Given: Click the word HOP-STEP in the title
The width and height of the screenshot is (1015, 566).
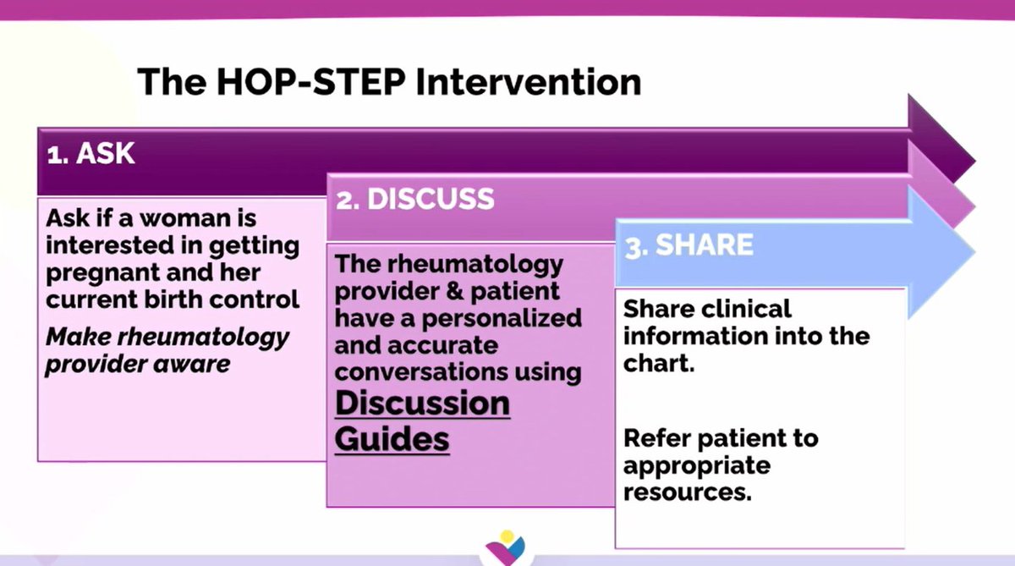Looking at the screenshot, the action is tap(311, 81).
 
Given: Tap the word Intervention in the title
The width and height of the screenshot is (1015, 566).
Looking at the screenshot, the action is tap(529, 81).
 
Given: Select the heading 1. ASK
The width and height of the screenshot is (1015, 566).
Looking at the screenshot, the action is tap(91, 153).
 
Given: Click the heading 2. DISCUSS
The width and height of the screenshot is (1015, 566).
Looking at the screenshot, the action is tap(414, 199).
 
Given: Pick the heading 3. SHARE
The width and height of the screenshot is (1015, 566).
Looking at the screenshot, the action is tap(689, 245).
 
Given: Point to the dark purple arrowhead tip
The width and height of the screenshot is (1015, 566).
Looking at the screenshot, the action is tap(974, 161).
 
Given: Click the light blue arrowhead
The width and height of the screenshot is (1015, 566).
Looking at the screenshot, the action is tap(941, 252).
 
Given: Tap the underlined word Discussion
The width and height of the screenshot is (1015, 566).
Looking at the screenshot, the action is tap(422, 404).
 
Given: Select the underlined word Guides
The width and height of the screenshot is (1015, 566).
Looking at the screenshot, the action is tap(392, 438).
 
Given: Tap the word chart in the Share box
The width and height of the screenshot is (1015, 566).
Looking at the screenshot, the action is tap(658, 364).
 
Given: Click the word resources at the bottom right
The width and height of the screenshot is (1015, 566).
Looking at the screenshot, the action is tap(688, 492).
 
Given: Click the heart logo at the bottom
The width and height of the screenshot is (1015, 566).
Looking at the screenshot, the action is tap(506, 548).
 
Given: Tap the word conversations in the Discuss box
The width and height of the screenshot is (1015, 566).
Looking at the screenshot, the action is tap(421, 372).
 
